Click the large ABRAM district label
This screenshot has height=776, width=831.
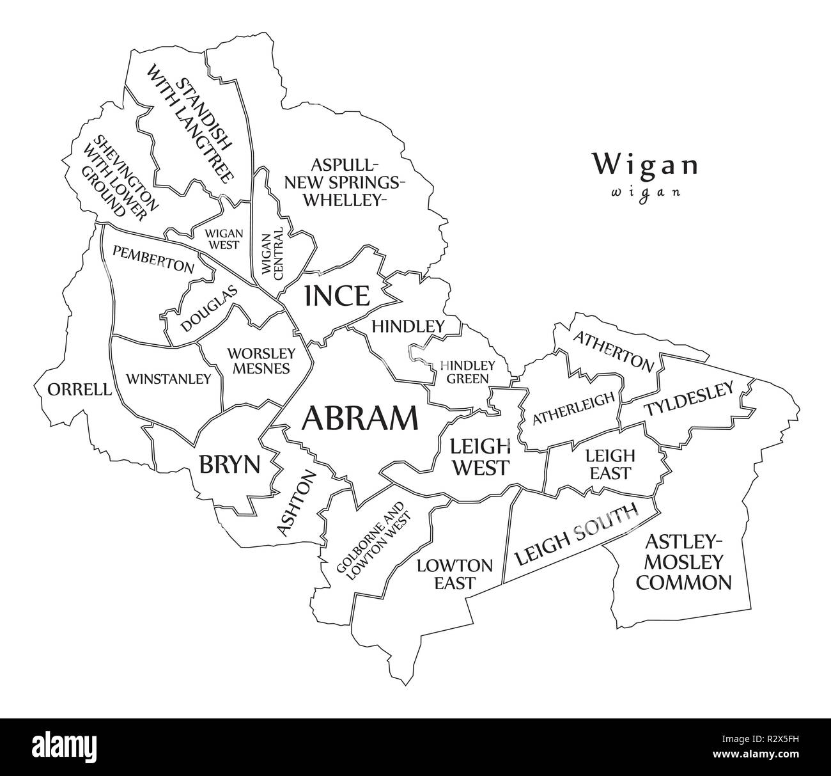[x=360, y=419]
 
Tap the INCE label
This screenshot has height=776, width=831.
[x=337, y=296]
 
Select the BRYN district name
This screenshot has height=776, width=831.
[x=229, y=464]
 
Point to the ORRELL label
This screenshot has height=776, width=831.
[x=79, y=389]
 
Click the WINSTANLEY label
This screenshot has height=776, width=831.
[x=168, y=379]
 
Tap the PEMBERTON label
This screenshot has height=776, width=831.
[x=153, y=258]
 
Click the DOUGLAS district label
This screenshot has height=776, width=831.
[x=209, y=308]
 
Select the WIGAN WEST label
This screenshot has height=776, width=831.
[x=222, y=239]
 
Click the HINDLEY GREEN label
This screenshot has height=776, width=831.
[x=467, y=372]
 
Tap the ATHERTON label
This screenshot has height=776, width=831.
[x=614, y=351]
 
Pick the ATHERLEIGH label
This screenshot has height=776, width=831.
[x=573, y=408]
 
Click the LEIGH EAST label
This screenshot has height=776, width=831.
[x=610, y=464]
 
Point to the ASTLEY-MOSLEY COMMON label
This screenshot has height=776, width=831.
[x=685, y=562]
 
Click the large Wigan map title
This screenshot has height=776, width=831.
[x=644, y=164]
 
